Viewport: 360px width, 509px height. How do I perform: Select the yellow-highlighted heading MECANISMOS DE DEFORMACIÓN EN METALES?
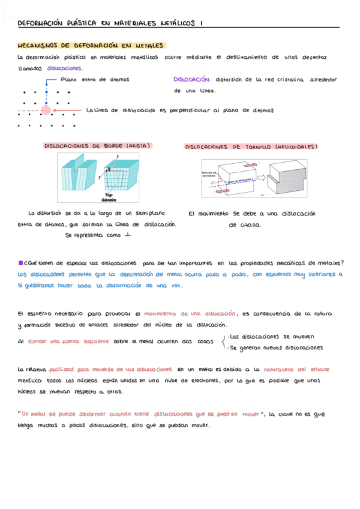(x=92, y=45)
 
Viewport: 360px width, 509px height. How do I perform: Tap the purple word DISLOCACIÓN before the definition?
(x=191, y=79)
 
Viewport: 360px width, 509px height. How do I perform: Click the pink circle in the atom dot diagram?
(x=47, y=110)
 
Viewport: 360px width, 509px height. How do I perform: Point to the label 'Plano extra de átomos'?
(x=95, y=79)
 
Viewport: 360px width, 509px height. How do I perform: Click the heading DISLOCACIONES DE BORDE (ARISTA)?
(x=98, y=145)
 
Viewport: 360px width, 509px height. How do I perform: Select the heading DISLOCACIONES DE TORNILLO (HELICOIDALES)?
(x=251, y=146)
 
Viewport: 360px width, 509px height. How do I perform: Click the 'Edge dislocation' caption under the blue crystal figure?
(x=110, y=198)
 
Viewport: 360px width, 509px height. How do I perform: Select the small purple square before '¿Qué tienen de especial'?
(x=21, y=262)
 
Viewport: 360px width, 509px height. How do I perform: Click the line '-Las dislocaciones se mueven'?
(x=271, y=337)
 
